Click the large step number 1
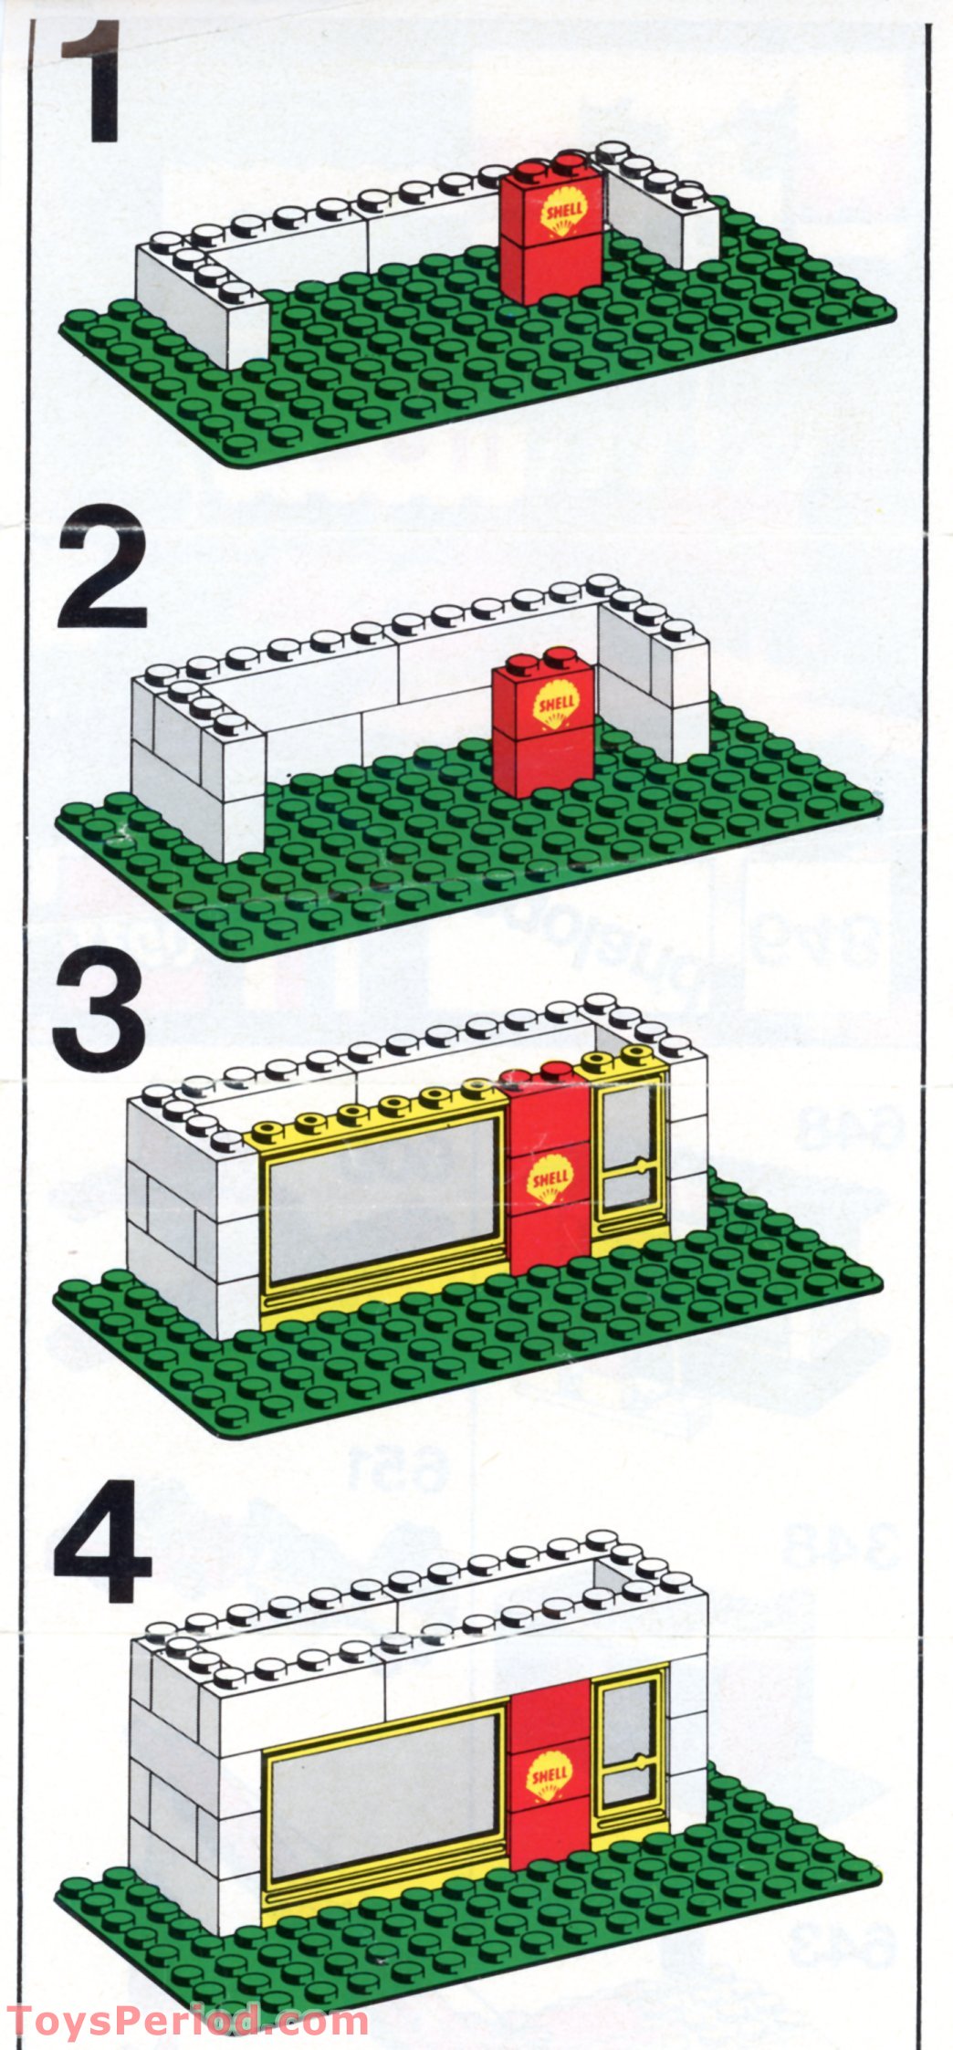tap(91, 87)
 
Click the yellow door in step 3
tap(629, 1159)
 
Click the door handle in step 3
tap(643, 1166)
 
